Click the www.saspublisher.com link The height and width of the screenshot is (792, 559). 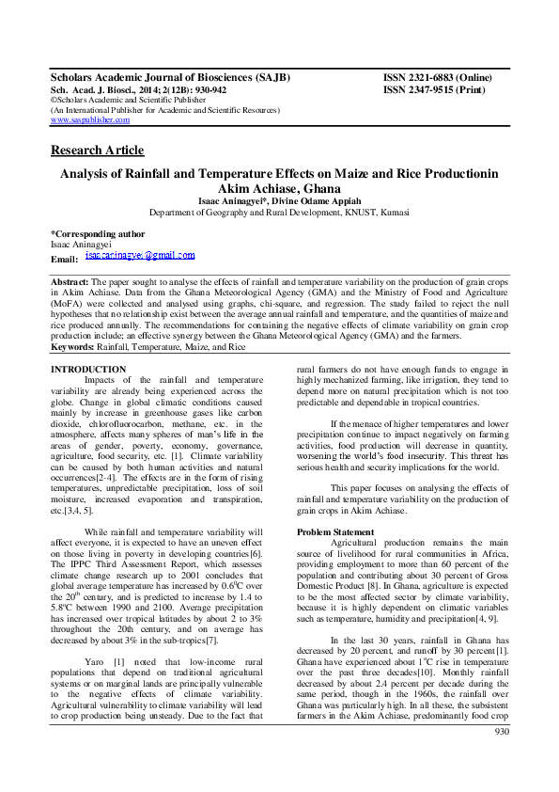tap(89, 120)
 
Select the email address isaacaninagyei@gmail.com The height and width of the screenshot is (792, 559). tap(139, 255)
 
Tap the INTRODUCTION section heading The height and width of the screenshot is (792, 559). tap(87, 369)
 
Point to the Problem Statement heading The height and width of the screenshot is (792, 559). tap(334, 532)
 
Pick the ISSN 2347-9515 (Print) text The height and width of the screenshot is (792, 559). tap(433, 89)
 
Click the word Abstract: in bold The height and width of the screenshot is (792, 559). tap(70, 282)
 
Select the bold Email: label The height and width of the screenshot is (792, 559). tap(64, 259)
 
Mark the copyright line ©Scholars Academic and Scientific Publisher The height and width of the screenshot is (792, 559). tap(125, 100)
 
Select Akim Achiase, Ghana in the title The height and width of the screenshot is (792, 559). tap(279, 188)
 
